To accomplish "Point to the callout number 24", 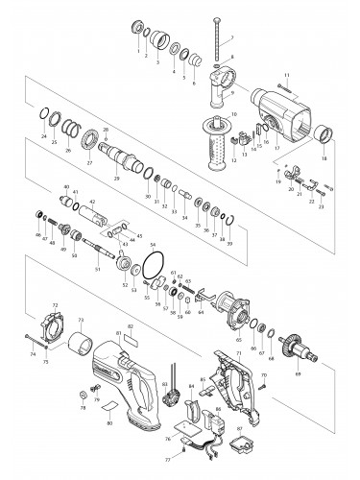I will (44, 137).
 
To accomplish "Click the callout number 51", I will (97, 272).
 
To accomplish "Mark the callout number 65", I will (237, 341).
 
